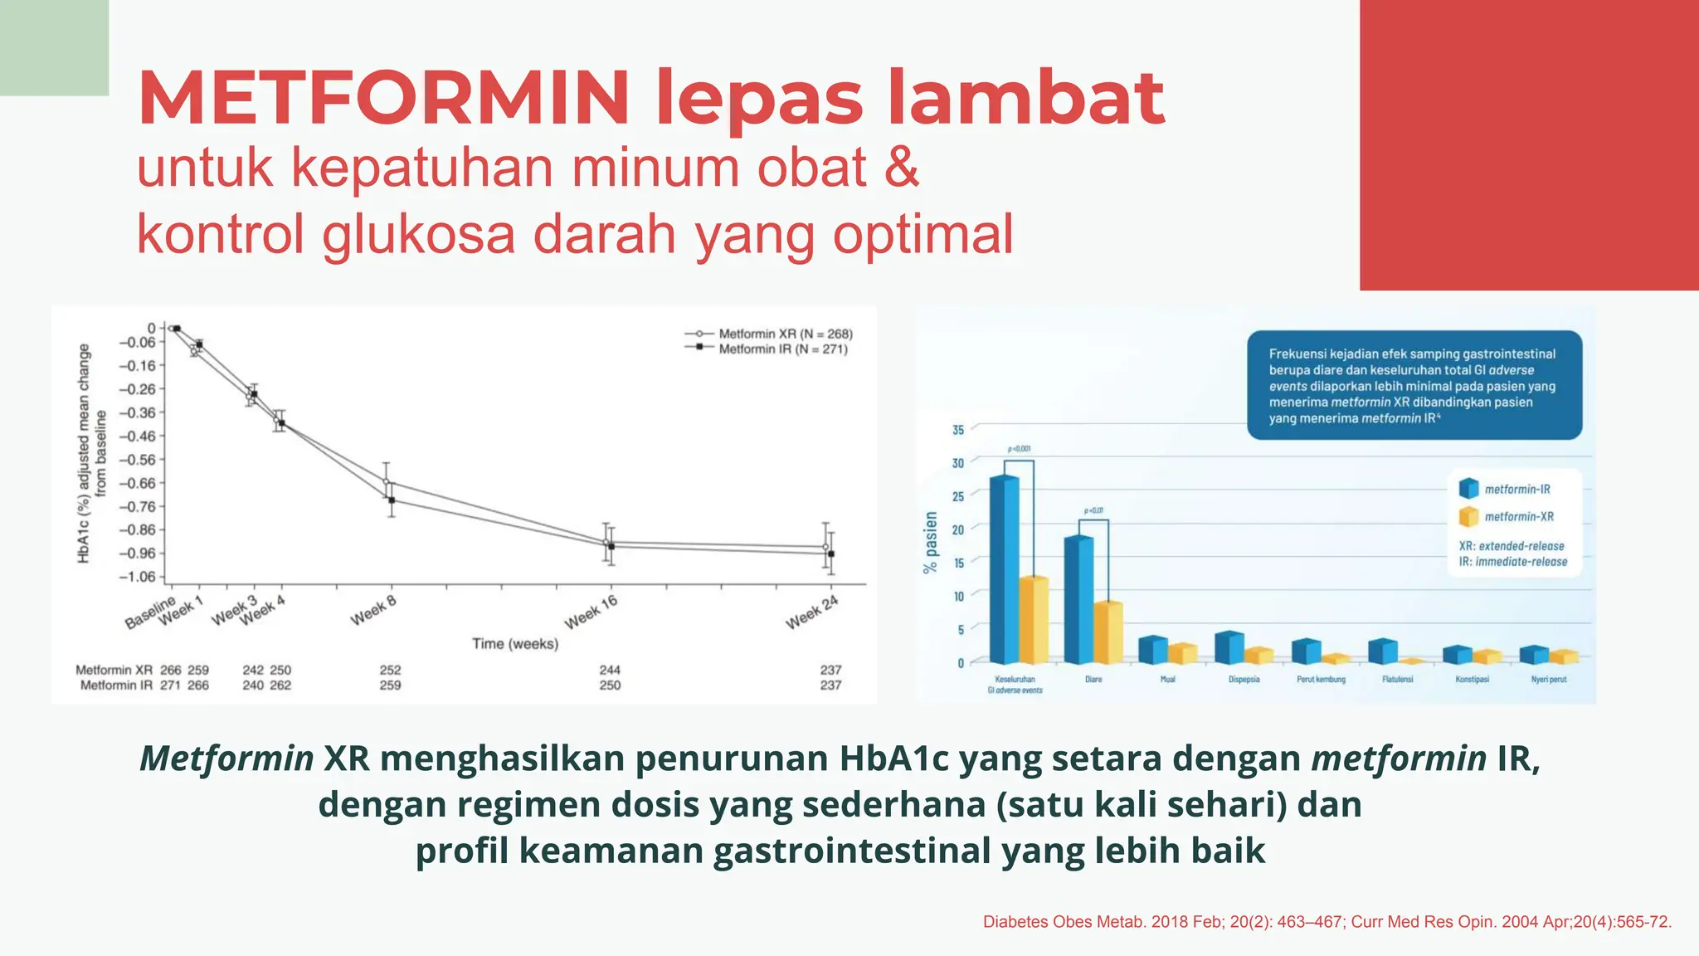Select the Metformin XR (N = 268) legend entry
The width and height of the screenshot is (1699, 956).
coord(785,334)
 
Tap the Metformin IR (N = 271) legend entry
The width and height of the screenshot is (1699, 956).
coord(782,349)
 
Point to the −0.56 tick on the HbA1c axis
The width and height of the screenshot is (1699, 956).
coord(137,460)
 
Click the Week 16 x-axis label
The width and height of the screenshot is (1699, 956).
coord(591,612)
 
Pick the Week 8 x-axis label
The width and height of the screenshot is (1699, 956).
coord(373,612)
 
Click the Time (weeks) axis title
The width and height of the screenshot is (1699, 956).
coord(515,644)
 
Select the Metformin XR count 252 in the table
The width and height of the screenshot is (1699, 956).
coord(390,670)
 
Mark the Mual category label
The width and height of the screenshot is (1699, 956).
coord(1167,680)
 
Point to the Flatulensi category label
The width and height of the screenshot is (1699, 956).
coord(1398,680)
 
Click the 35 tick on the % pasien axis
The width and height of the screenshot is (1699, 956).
coord(958,430)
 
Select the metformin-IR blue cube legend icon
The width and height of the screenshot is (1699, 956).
coord(1468,489)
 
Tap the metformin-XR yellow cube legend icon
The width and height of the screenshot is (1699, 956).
coord(1468,516)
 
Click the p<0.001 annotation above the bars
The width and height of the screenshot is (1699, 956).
coord(1019,449)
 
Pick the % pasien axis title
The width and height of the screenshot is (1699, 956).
coord(931,543)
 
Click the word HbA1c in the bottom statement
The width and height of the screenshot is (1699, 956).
coord(893,758)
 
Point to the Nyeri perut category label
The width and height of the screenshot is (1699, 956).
coord(1549,680)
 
